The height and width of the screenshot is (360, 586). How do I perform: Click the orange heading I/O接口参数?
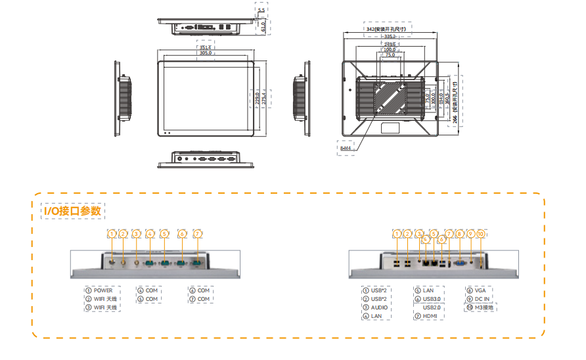(x=72, y=211)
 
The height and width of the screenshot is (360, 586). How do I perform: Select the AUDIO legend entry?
(x=379, y=307)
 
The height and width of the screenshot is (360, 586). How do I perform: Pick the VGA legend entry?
(x=481, y=290)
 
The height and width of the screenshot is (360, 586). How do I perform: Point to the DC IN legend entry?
(x=482, y=299)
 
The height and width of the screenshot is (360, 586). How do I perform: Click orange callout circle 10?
(x=481, y=234)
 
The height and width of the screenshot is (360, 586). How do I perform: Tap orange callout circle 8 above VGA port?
(x=460, y=234)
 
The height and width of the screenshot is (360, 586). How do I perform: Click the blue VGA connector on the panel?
(x=459, y=262)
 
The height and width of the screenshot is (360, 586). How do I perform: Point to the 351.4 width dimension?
(x=206, y=47)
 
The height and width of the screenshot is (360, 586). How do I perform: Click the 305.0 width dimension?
(x=206, y=53)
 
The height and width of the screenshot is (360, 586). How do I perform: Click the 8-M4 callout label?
(x=346, y=148)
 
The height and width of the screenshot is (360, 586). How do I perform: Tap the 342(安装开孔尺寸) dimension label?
(x=387, y=30)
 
